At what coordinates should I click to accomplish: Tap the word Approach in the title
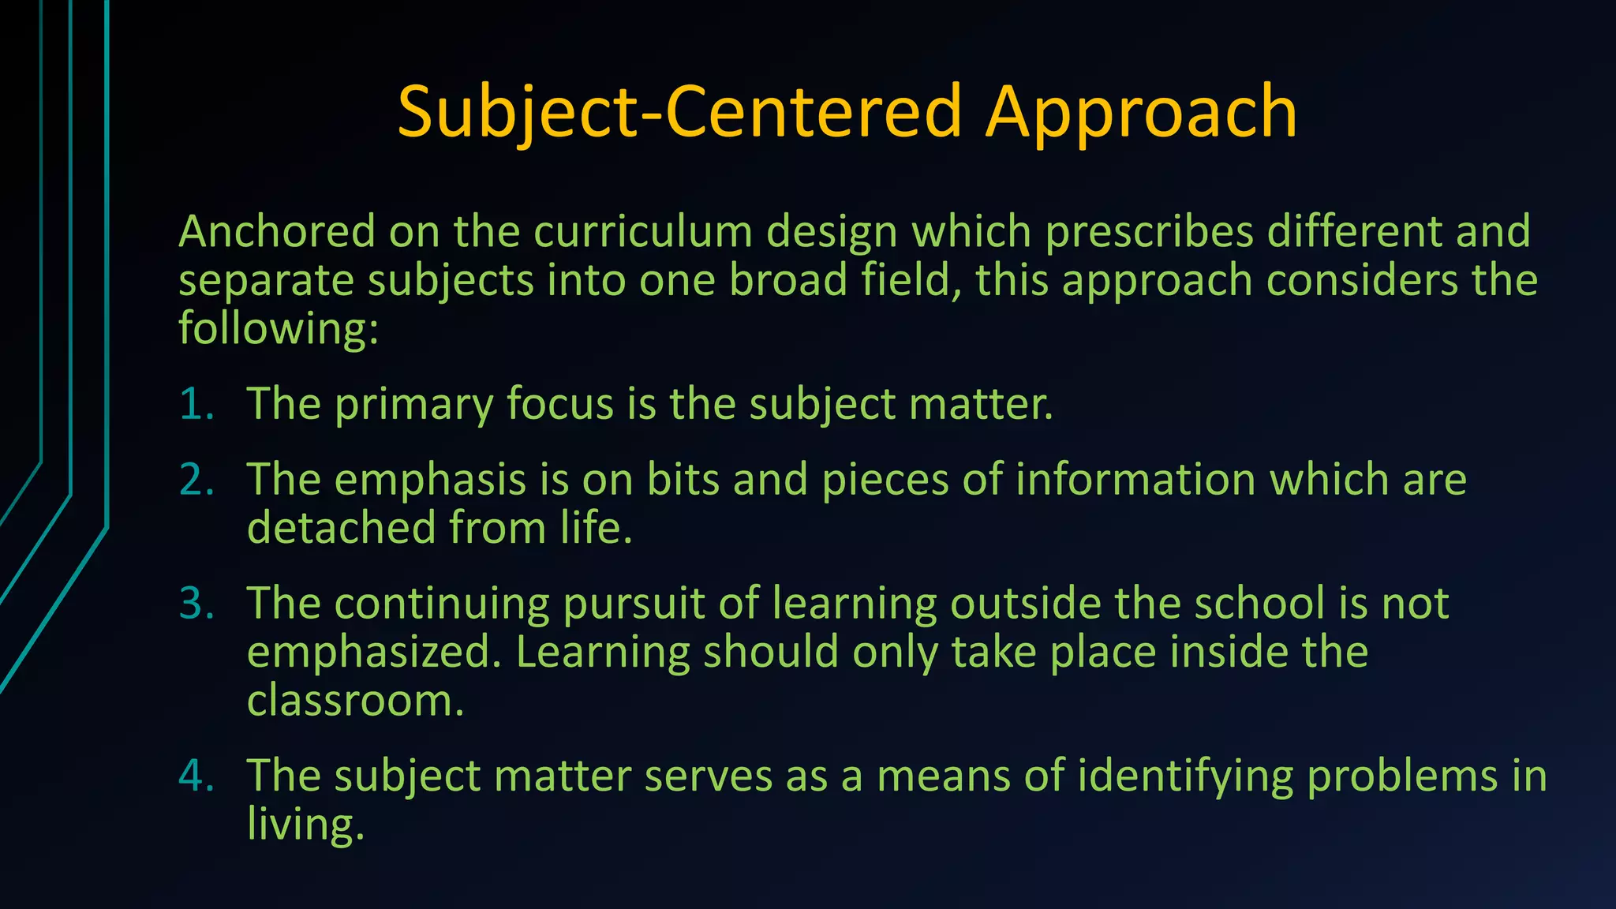coord(1141,112)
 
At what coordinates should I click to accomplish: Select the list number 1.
coord(196,404)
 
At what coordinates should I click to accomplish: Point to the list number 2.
coord(196,480)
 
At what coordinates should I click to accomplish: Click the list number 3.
coord(196,604)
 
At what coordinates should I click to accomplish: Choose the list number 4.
coord(196,775)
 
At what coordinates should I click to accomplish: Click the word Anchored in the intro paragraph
coord(276,232)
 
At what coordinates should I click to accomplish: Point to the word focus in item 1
coord(559,404)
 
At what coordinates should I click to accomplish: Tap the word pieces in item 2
coord(885,481)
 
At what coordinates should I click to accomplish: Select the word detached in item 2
coord(341,528)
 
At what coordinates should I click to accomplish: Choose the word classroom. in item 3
coord(355,701)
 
